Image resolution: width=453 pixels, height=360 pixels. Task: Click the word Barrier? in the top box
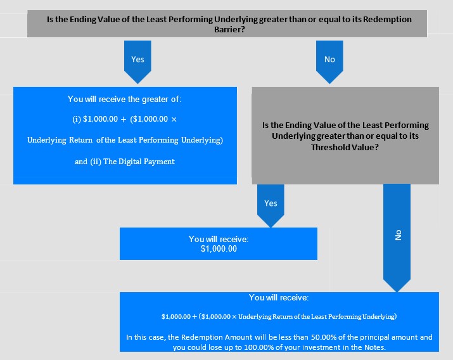[x=229, y=29]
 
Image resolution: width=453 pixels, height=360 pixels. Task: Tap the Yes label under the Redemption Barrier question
[x=137, y=59]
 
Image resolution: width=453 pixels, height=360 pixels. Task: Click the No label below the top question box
[x=329, y=59]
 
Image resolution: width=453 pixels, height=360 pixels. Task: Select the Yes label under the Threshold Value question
[x=271, y=203]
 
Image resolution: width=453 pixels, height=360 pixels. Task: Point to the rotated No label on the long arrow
[x=398, y=235]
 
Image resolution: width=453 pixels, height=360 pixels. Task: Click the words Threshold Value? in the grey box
[x=345, y=147]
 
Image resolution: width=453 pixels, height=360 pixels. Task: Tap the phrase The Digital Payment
[x=139, y=161]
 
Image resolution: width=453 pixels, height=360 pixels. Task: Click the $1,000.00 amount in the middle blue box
[x=219, y=248]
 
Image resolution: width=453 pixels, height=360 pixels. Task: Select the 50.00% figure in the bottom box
[x=323, y=337]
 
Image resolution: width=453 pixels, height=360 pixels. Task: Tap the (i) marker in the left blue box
[x=77, y=119]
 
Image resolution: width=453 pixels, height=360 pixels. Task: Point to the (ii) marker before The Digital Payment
[x=96, y=161]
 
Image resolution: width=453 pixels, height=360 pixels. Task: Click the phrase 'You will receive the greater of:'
[x=125, y=99]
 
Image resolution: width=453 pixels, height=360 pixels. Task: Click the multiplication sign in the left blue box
[x=174, y=119]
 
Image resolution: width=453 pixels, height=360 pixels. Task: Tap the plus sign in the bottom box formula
[x=194, y=317]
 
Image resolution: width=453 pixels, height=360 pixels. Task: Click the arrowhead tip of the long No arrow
[x=397, y=292]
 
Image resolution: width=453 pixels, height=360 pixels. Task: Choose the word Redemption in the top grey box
[x=387, y=20]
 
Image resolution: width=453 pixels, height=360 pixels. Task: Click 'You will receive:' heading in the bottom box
[x=279, y=298]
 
